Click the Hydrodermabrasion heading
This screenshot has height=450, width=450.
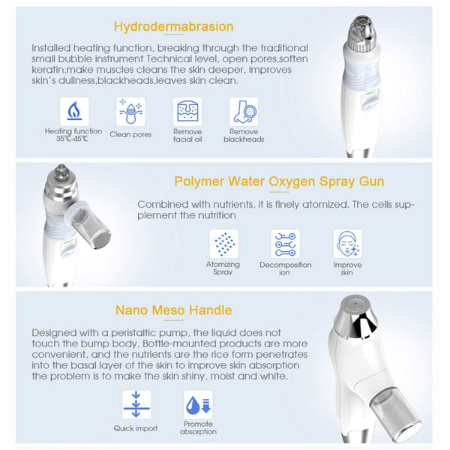tap(173, 27)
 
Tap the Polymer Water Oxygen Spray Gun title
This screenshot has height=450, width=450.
tap(279, 181)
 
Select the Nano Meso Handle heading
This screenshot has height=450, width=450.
tap(173, 310)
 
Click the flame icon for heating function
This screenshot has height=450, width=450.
tap(73, 112)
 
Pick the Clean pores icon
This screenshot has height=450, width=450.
tap(130, 112)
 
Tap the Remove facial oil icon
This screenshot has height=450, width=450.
tap(187, 112)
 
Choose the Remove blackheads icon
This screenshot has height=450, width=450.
tap(244, 112)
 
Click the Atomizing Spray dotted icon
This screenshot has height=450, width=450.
tap(223, 244)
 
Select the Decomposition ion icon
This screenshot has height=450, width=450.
tap(285, 244)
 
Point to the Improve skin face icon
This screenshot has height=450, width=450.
tap(347, 244)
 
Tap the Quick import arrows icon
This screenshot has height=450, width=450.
tap(136, 405)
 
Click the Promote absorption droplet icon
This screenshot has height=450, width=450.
tap(198, 405)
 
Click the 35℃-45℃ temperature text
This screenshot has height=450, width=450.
tap(73, 138)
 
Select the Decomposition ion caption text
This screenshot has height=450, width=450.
tap(285, 268)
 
